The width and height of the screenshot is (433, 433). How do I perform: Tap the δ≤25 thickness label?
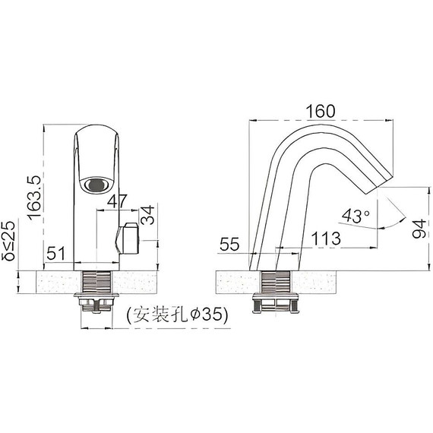[x=9, y=242]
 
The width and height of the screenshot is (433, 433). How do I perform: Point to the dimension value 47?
[x=117, y=201]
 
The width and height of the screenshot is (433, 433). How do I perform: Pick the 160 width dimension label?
[x=320, y=111]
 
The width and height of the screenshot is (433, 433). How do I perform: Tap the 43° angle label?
[x=356, y=216]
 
